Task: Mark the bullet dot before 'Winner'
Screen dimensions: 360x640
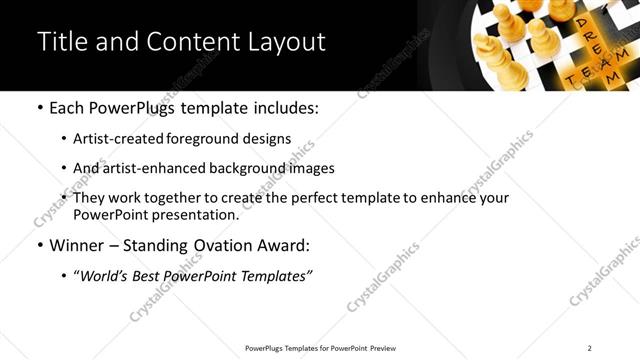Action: click(x=38, y=245)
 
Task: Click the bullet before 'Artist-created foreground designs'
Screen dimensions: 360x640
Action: click(x=63, y=139)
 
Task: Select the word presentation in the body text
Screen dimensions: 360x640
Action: click(x=195, y=215)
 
